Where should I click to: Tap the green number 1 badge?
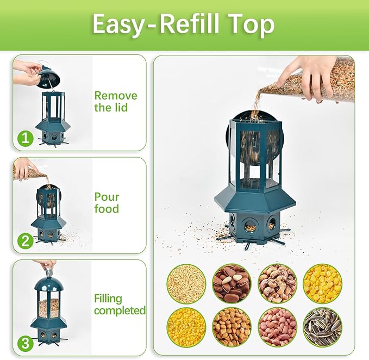pyautogui.click(x=25, y=138)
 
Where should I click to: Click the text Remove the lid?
pyautogui.click(x=115, y=102)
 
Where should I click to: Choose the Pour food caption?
pyautogui.click(x=107, y=203)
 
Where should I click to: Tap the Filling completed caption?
pyautogui.click(x=120, y=305)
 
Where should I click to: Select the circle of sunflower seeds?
pyautogui.click(x=322, y=327)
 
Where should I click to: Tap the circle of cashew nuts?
pyautogui.click(x=277, y=283)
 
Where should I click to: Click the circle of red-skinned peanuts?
pyautogui.click(x=277, y=327)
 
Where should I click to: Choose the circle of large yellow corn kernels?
pyautogui.click(x=322, y=283)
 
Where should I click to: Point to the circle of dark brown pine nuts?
pyautogui.click(x=232, y=283)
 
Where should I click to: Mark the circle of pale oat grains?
pyautogui.click(x=186, y=283)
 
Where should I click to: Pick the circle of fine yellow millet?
pyautogui.click(x=186, y=327)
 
